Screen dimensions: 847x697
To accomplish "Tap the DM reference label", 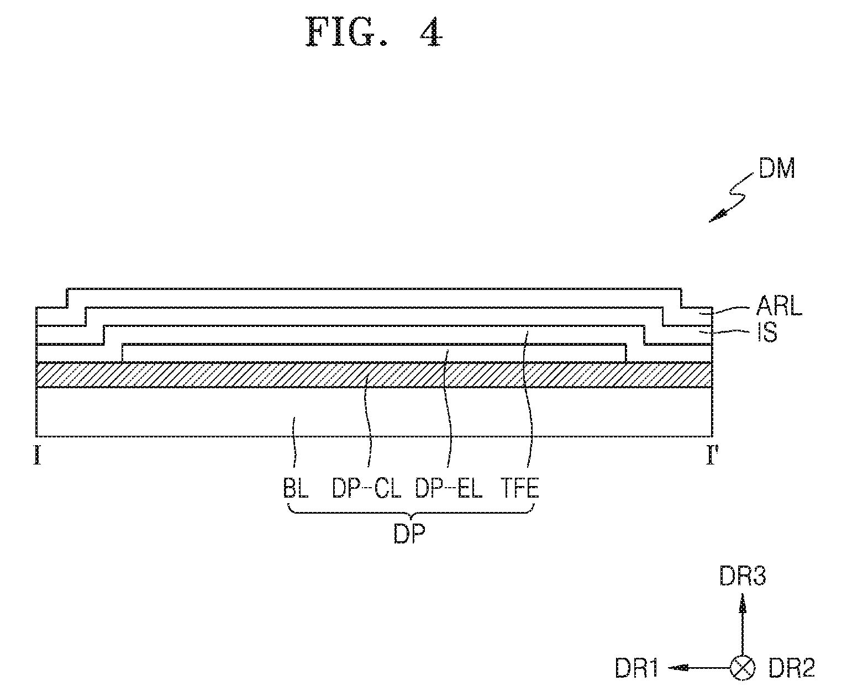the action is point(777,168).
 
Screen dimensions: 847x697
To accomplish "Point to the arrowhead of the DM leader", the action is point(717,217).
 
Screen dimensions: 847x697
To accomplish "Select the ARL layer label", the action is point(778,306).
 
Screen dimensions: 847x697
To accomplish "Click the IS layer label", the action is point(767,333).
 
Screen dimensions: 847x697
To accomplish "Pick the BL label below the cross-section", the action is point(296,488).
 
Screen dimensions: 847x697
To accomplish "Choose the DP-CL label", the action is point(366,488).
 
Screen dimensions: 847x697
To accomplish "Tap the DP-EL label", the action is point(448,488).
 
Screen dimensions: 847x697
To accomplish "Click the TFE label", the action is point(520,488).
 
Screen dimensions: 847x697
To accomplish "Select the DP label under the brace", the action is point(409,534).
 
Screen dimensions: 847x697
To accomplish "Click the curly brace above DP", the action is point(411,513).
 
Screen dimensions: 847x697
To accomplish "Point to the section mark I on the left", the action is point(38,456).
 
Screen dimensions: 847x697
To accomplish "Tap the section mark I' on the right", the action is point(712,456).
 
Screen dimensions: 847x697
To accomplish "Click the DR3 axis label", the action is point(743,576).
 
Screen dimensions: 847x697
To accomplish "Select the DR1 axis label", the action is point(636,668).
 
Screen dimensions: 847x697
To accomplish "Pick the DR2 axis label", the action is point(792,668).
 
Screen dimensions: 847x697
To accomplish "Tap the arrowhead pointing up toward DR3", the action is point(742,604).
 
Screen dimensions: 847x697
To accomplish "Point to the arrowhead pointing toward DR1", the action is point(678,668).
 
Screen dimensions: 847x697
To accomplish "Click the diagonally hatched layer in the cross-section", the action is point(374,375).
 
